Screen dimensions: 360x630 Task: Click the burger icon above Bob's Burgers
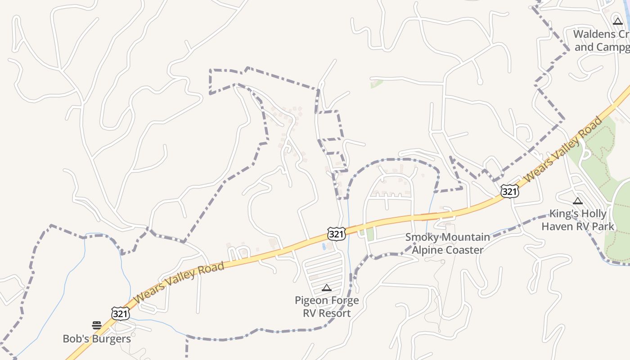coord(97,325)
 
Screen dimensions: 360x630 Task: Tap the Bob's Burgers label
coord(97,339)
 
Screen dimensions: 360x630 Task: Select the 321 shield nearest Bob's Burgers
coord(121,313)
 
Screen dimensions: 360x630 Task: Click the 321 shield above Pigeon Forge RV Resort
coord(336,234)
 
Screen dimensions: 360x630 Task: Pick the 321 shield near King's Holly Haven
coord(509,192)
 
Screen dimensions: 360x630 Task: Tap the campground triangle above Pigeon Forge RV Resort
coord(327,288)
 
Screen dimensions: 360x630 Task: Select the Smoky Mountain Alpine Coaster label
coord(447,243)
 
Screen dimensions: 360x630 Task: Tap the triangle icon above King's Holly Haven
coord(578,201)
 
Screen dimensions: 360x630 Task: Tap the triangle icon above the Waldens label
coord(618,21)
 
